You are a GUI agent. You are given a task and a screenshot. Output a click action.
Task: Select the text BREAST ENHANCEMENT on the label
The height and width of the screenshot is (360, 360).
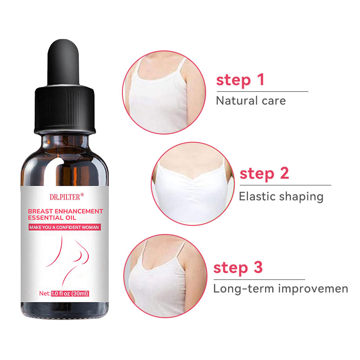[x=66, y=211]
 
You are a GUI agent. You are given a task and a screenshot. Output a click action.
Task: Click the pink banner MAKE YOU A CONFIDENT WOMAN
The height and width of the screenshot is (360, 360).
[x=64, y=228]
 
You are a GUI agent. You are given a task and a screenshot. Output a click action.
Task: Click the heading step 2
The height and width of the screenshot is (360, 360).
[x=264, y=173]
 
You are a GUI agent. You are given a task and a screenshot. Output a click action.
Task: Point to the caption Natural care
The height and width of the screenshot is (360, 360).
[x=251, y=100]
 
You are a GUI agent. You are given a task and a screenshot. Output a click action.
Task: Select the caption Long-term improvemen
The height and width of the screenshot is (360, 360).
[x=280, y=288]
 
